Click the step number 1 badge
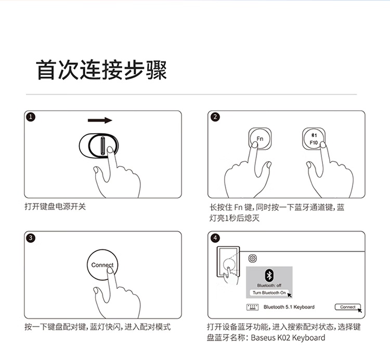point(31,117)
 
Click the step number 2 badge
point(215,117)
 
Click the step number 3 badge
point(31,238)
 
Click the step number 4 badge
point(215,238)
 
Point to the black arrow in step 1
point(100,120)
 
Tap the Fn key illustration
point(260,138)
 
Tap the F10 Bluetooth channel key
point(314,138)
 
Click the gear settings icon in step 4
point(252,258)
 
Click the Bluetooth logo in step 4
point(269,275)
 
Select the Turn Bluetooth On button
point(269,293)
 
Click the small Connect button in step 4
point(348,307)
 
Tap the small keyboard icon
point(252,307)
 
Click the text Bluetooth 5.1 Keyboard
point(289,307)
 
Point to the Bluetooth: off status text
point(269,286)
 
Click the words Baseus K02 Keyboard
point(288,338)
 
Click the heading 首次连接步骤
point(101,70)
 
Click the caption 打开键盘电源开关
point(55,207)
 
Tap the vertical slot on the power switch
point(102,146)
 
